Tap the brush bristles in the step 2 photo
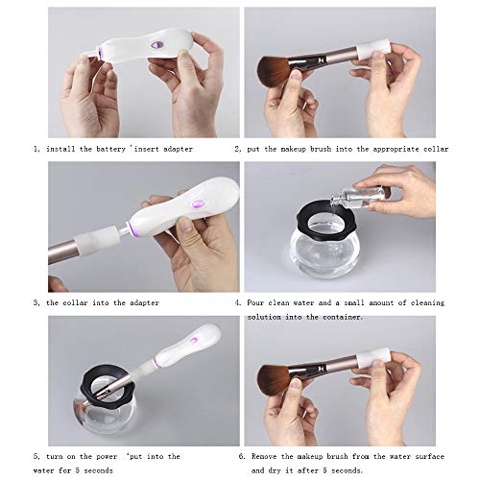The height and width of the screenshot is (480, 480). pyautogui.click(x=281, y=72)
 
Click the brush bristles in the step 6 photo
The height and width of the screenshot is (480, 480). pyautogui.click(x=281, y=379)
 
